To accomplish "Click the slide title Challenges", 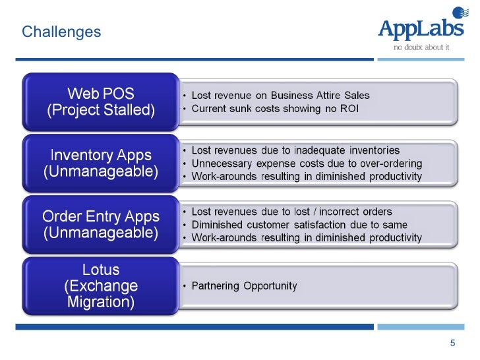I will [x=61, y=32].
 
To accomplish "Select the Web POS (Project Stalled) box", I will [x=101, y=101].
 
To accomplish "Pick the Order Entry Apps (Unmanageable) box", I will [x=101, y=224].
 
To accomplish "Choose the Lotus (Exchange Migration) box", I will [x=101, y=285].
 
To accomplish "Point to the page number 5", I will [x=452, y=343].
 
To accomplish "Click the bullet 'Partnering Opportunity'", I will [x=244, y=286].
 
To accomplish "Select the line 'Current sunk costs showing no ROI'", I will [x=275, y=108].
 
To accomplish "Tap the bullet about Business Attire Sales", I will [x=280, y=96].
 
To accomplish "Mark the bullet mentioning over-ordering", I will [x=307, y=164].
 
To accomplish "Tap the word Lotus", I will [x=101, y=270].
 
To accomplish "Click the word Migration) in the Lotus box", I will [x=101, y=303].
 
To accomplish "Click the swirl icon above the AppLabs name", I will [x=457, y=13].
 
